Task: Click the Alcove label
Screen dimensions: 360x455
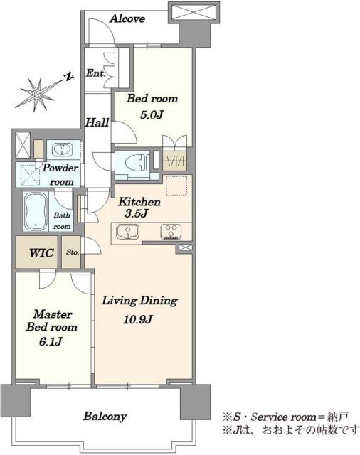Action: pos(127,19)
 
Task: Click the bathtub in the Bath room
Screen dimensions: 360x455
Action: pos(36,211)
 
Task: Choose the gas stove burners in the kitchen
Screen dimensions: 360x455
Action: pos(171,232)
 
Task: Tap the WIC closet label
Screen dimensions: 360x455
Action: pos(41,253)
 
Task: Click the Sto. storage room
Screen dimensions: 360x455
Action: pos(71,252)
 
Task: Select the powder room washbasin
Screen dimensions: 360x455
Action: pos(62,150)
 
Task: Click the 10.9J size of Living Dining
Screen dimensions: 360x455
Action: pos(137,320)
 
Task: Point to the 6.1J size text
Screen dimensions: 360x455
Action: pos(51,341)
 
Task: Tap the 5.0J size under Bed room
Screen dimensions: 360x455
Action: pos(152,115)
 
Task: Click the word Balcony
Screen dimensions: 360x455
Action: pos(105,417)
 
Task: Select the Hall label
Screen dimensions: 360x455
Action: pos(97,122)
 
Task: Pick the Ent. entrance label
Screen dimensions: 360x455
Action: pos(95,73)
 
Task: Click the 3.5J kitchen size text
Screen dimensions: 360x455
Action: pos(137,214)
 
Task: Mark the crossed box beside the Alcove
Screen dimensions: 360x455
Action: pos(194,13)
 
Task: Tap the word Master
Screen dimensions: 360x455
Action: pos(53,314)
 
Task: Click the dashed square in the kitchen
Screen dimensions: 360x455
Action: pos(176,186)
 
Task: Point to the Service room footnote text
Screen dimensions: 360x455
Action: pos(285,417)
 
